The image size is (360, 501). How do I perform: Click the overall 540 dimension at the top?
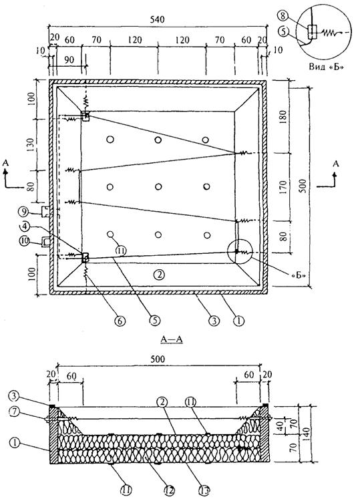(x=157, y=20)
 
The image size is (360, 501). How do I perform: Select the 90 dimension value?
(x=69, y=59)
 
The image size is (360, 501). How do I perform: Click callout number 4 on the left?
(x=25, y=227)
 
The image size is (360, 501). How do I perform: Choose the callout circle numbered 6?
(x=120, y=321)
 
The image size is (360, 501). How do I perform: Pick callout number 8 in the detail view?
(x=283, y=15)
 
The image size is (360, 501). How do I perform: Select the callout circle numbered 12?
(x=169, y=489)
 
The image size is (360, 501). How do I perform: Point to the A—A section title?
(x=172, y=339)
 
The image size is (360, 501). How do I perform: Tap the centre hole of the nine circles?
(x=158, y=186)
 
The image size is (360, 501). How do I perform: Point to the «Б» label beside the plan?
(x=298, y=275)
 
